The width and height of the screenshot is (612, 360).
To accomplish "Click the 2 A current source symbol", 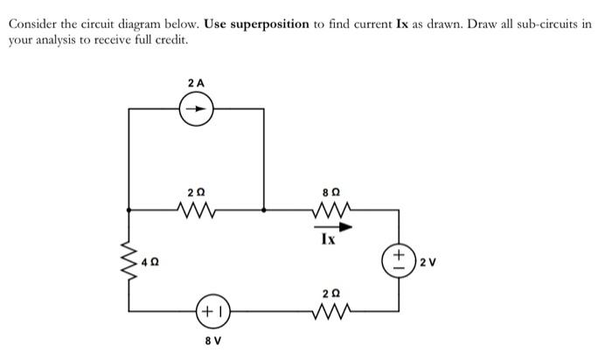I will tap(196, 111).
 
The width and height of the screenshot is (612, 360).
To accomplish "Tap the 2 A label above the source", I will tap(196, 82).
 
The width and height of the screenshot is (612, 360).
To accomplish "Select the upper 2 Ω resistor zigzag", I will tap(196, 210).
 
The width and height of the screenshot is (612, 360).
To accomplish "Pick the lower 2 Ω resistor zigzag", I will tap(332, 310).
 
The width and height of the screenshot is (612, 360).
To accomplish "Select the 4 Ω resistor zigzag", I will tap(129, 260).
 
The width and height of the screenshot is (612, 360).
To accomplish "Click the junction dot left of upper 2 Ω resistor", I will tap(129, 210).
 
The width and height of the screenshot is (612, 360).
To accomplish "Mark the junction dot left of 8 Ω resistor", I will tap(265, 210).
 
